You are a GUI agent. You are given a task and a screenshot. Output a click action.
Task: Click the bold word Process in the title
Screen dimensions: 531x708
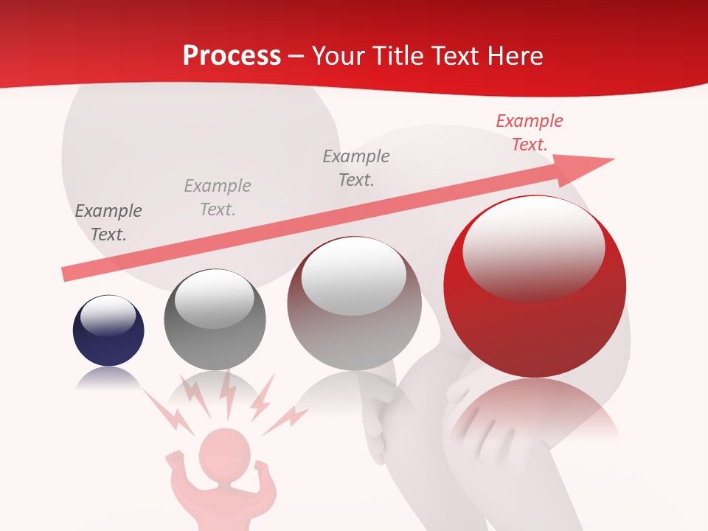point(232,56)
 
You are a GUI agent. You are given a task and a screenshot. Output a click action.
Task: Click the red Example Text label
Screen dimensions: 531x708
point(529,133)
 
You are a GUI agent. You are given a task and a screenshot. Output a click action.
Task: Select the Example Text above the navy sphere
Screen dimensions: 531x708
point(108,223)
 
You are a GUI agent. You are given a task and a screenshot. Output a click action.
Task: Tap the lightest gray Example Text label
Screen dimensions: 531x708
point(218,198)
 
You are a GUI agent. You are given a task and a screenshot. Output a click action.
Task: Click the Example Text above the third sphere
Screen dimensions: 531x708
point(356,167)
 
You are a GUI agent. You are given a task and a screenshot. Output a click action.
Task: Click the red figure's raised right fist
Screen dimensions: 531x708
point(261,468)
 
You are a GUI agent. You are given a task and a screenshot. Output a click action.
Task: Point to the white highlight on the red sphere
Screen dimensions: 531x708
point(533,247)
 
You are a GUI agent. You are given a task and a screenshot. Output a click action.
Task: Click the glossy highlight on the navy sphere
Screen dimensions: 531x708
point(108,315)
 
